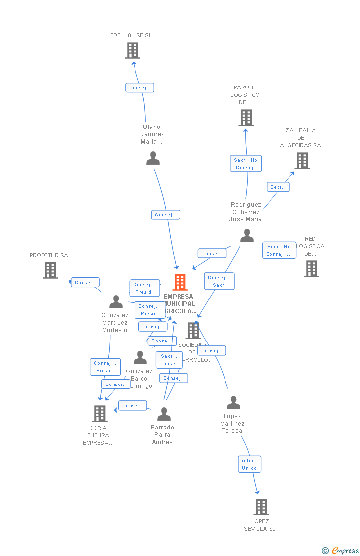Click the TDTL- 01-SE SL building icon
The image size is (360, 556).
133,50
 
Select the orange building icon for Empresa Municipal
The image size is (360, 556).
180,282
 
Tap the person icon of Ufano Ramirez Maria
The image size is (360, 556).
153,158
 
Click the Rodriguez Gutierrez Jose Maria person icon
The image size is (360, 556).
247,236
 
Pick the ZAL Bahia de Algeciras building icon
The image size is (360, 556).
302,161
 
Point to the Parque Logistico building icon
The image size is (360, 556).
246,118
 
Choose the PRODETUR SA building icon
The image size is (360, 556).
50,270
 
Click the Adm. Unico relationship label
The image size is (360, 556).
249,464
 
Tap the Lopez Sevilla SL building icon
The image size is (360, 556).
261,507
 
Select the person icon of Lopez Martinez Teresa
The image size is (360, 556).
233,403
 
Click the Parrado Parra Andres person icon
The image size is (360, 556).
164,414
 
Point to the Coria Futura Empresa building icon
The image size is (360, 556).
100,414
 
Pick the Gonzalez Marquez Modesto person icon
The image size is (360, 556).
116,302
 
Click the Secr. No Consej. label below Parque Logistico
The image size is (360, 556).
246,164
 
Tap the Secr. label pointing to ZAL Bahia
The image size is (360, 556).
277,187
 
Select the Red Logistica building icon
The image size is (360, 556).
312,269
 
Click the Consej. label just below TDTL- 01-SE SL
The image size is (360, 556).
139,88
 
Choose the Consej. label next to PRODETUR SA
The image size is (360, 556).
85,283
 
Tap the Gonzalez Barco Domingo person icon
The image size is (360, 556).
140,358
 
